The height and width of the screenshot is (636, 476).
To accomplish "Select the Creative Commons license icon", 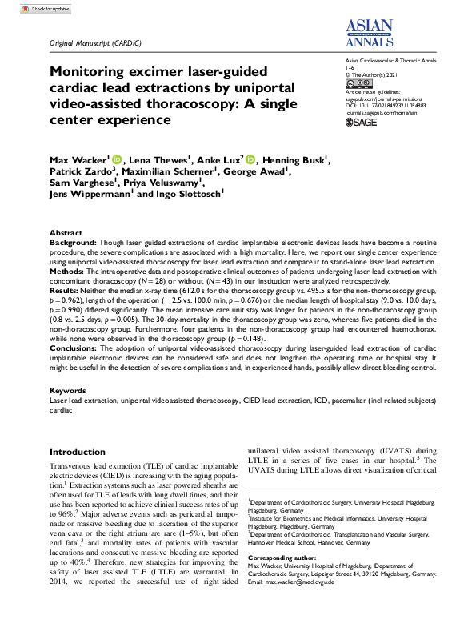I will (358, 83).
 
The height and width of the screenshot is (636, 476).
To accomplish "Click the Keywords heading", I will (69, 389).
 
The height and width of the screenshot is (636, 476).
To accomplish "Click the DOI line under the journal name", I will (385, 104).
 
